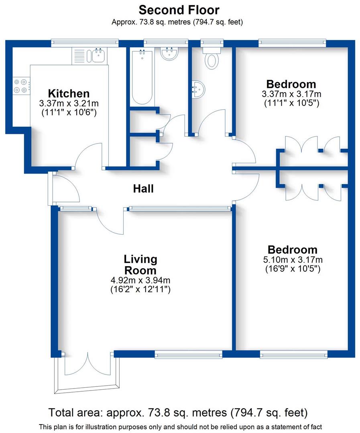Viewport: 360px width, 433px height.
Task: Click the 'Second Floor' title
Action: coord(179,9)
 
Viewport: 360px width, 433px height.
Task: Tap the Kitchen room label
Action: coord(69,94)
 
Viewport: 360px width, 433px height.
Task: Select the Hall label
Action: coord(143,188)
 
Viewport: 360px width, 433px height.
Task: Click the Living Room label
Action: coord(140,264)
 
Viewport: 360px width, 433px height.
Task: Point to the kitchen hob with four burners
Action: coord(21,86)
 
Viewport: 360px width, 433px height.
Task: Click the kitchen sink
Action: coord(98,55)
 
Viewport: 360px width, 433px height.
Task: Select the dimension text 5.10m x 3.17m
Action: coord(293,260)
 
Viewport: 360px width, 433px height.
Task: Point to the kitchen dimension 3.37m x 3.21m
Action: coord(69,103)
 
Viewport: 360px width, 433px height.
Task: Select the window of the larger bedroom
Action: coord(293,354)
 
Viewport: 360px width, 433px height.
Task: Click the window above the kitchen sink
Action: coord(85,41)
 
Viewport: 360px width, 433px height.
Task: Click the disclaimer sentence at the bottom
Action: coord(180,426)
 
